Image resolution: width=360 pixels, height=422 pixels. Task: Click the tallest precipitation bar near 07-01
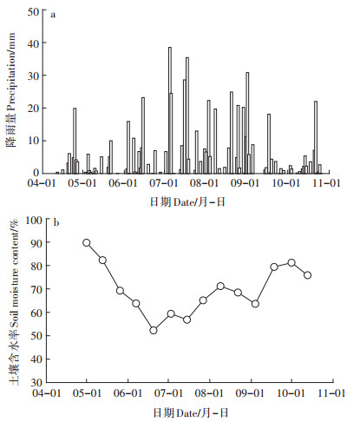point(170,110)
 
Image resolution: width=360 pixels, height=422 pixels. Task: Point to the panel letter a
point(53,15)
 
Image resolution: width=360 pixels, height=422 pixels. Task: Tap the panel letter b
point(56,223)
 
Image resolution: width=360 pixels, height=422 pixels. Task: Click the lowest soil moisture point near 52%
point(154,330)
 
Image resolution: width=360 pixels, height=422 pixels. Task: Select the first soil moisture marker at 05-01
point(87,242)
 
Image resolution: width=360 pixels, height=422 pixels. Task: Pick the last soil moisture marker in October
point(308,275)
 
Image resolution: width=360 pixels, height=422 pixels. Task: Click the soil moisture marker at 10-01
point(291,262)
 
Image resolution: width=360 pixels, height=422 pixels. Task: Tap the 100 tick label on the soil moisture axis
point(34,221)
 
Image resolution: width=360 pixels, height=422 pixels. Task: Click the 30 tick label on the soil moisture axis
point(36,382)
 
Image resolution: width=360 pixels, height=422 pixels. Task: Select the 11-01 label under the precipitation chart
point(327,183)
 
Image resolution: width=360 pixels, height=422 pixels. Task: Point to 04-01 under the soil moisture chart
point(48,393)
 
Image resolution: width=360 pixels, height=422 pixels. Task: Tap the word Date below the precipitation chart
point(183,202)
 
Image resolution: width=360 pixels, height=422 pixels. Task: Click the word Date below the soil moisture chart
point(187,413)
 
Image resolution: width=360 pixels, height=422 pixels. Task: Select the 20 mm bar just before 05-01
point(75,141)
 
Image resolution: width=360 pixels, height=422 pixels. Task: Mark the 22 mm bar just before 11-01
point(316,137)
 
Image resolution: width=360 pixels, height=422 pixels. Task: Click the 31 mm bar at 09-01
point(247,123)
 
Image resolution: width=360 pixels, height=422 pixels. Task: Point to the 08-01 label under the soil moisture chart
point(209,393)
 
